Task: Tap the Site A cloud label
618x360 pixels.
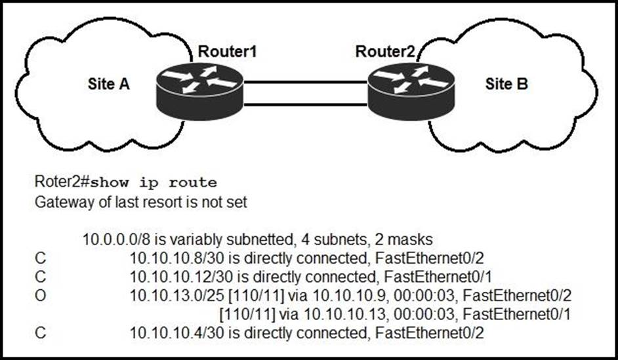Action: point(110,85)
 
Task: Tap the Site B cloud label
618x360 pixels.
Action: point(506,84)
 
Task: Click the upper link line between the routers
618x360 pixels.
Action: point(306,83)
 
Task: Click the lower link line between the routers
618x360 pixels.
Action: point(306,104)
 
